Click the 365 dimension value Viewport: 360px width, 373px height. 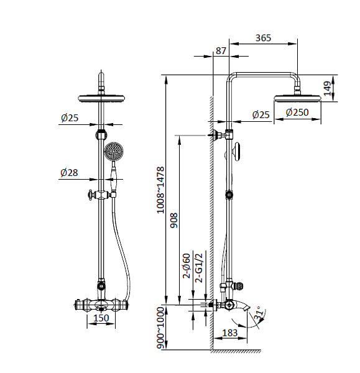(264, 38)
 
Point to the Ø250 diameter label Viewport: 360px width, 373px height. (297, 113)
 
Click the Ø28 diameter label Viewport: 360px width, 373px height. (70, 173)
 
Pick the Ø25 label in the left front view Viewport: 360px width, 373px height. (70, 117)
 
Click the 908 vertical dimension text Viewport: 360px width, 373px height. (175, 218)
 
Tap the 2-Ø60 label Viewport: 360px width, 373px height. (185, 266)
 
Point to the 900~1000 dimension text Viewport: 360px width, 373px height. (160, 327)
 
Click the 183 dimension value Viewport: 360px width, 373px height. (230, 333)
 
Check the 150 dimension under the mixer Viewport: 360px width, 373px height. (101, 319)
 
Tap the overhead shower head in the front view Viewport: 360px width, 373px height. (101, 97)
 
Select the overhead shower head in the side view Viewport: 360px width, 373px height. (297, 97)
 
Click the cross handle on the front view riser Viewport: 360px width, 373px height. (93, 195)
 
